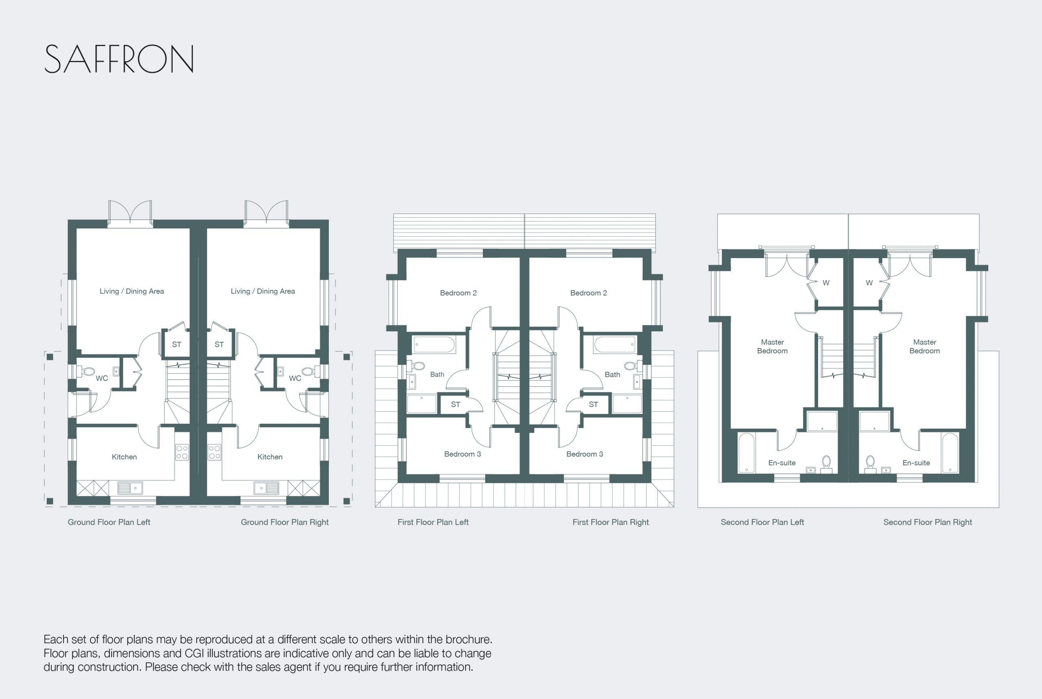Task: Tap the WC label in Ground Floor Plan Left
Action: point(102,379)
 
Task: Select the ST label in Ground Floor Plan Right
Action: point(219,344)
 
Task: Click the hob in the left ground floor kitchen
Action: point(182,452)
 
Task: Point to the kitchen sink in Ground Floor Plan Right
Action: point(266,488)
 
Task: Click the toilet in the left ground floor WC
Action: point(87,371)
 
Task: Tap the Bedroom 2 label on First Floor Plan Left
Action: point(458,293)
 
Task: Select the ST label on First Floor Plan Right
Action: point(593,404)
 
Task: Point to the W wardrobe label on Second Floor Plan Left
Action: point(826,283)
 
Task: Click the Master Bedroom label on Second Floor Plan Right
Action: point(924,346)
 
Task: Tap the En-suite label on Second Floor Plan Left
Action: point(782,463)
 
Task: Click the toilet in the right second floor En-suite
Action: point(870,464)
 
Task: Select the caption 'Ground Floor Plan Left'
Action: point(109,522)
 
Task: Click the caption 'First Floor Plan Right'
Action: point(611,522)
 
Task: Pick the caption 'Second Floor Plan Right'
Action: point(928,522)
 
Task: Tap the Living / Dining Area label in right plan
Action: point(263,291)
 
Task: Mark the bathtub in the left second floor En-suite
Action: point(746,452)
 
